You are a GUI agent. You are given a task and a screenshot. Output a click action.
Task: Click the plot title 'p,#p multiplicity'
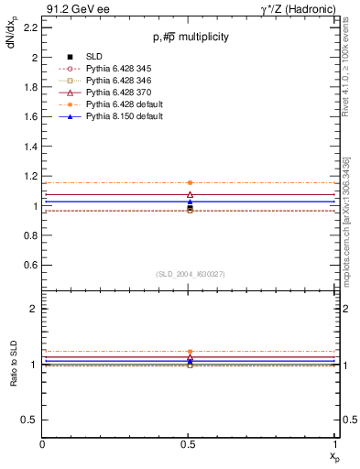coord(190,37)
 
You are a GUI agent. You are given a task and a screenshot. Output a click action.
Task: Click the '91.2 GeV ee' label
coord(72,7)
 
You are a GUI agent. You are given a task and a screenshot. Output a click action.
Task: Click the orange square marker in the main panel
coord(190,183)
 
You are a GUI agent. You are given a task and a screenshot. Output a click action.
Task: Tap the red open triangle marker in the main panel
coord(190,194)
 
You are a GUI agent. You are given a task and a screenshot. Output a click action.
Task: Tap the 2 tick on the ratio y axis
coord(34,309)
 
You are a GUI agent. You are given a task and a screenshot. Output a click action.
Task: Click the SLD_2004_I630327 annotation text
coord(190,274)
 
